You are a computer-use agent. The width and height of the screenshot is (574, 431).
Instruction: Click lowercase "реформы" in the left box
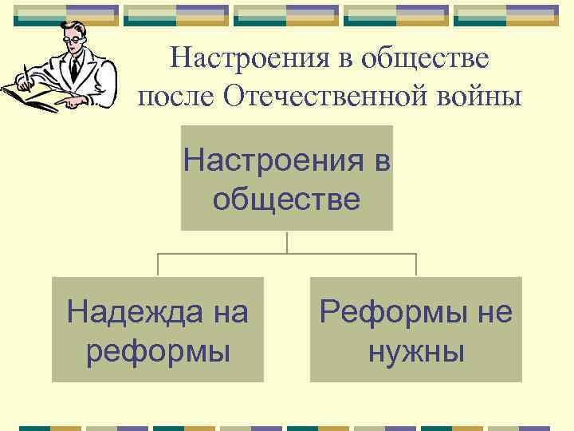point(158,350)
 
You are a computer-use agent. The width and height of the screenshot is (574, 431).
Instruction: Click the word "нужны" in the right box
point(416,350)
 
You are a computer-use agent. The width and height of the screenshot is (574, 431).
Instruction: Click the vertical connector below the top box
point(287,242)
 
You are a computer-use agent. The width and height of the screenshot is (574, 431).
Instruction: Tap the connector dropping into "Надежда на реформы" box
point(158,265)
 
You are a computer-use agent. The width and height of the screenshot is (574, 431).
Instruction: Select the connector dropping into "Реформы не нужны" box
point(416,265)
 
